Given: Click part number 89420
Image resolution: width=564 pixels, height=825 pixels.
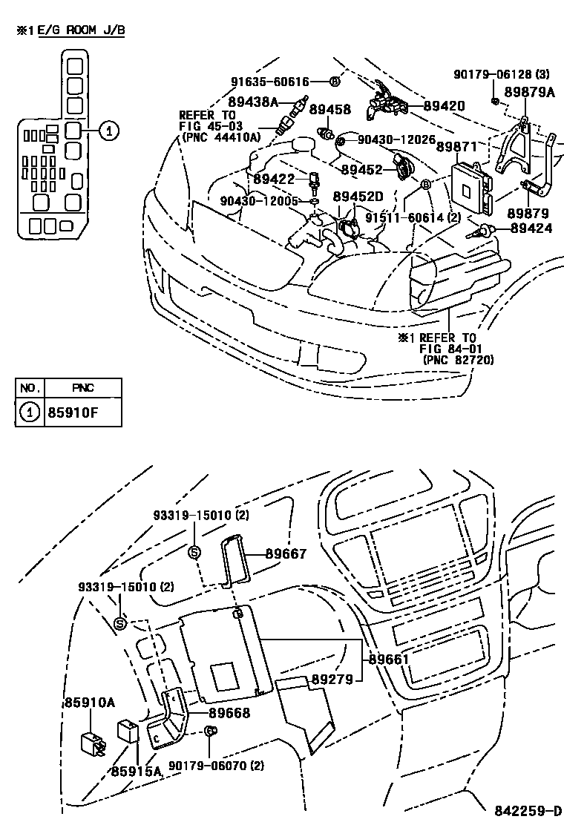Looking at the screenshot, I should tap(444, 106).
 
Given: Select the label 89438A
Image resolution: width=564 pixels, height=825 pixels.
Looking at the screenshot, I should tap(252, 102).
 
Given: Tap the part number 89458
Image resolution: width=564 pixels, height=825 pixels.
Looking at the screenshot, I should tap(329, 110).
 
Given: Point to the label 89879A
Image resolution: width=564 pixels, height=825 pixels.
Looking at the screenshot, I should tap(530, 92).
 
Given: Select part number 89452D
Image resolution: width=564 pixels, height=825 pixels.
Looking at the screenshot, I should tap(358, 197).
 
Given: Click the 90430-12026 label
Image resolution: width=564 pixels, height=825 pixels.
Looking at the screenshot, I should tap(396, 139).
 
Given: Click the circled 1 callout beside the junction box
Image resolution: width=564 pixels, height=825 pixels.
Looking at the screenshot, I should tap(108, 131).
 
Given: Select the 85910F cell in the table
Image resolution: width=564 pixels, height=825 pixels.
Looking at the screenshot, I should tap(83, 412).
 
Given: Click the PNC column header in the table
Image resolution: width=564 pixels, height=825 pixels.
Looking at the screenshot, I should tap(83, 388).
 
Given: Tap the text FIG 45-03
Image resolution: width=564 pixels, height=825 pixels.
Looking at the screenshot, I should tap(207, 125).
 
